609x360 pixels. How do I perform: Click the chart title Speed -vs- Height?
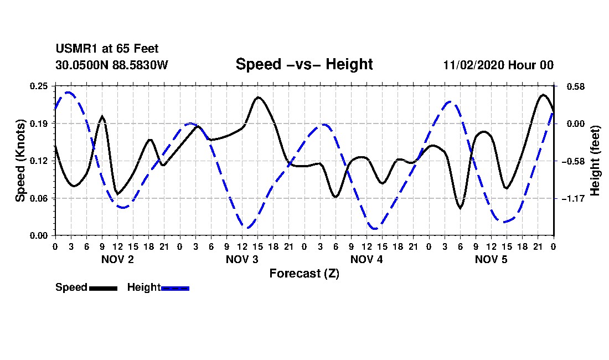coord(304,64)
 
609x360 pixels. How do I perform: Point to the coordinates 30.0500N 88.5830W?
coord(111,65)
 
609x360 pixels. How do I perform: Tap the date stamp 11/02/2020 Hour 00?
coord(498,65)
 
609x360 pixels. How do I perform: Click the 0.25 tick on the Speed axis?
coord(40,86)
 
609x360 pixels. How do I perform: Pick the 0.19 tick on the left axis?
coord(40,124)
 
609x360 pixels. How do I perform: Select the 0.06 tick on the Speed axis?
coord(40,198)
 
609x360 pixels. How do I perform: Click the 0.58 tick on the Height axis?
coord(572,86)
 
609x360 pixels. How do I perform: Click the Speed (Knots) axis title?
coord(20,160)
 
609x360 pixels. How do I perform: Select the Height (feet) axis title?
coord(596,161)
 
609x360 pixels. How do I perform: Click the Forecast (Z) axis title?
coord(304,273)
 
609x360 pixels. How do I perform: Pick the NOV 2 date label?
coord(117,259)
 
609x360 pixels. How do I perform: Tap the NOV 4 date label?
coord(367,259)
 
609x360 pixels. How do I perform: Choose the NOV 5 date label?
coord(491,259)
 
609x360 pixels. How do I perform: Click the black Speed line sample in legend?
coord(103,288)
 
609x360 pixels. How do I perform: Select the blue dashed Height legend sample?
coord(175,288)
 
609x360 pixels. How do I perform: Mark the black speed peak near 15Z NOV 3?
coord(258,97)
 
